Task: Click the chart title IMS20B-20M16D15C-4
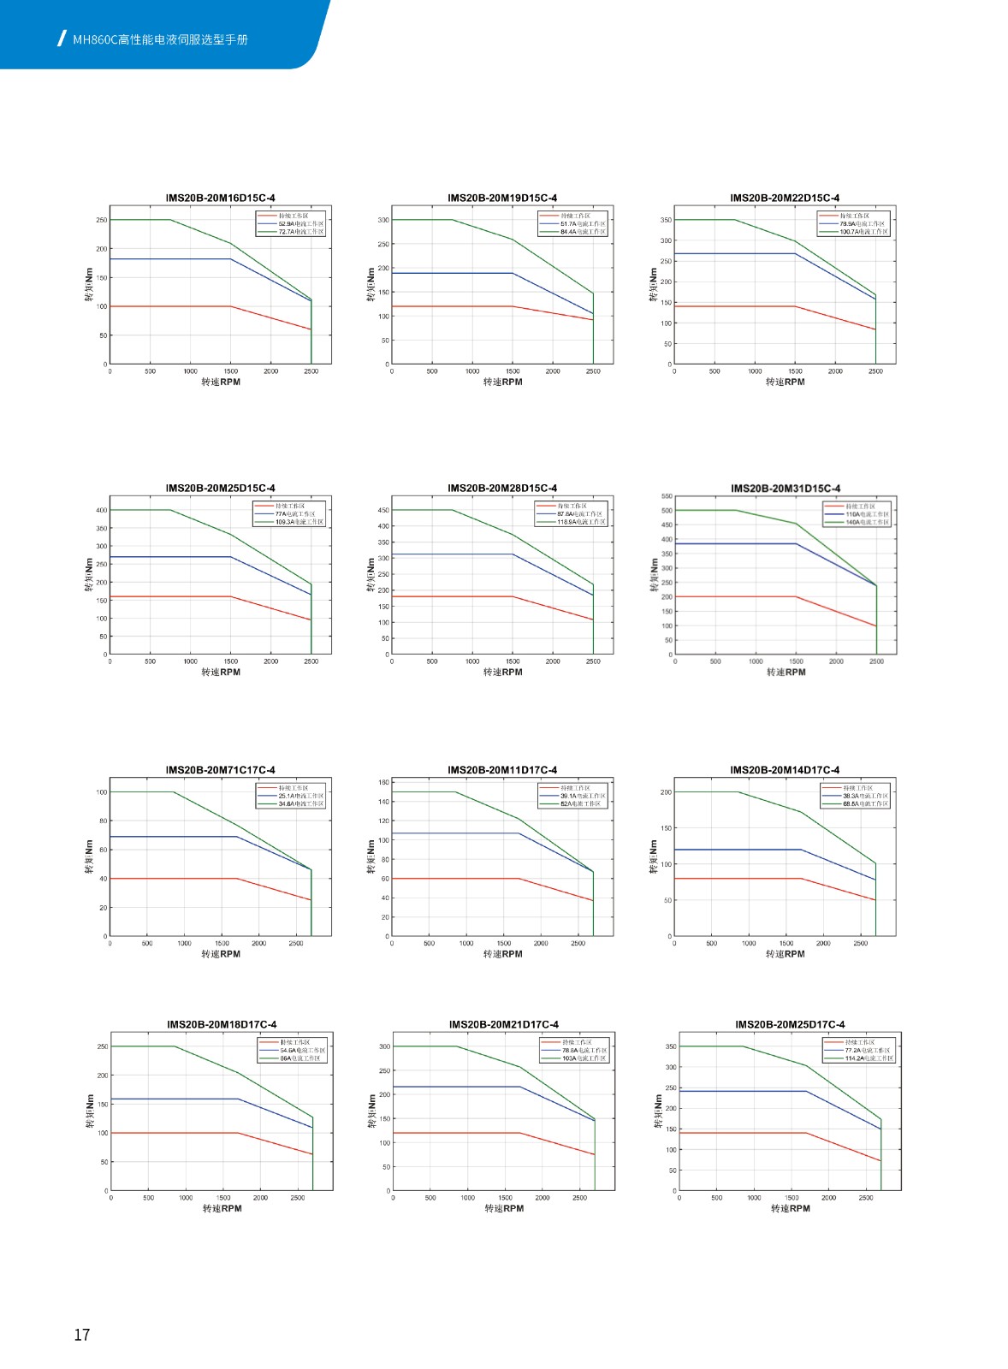[x=220, y=198]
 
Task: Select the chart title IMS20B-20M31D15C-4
[x=786, y=489]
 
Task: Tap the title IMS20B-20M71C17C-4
[x=220, y=770]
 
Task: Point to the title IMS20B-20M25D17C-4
[x=790, y=1024]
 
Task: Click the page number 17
[x=82, y=1335]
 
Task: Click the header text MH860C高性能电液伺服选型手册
[x=160, y=39]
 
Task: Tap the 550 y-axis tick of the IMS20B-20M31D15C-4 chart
[x=667, y=496]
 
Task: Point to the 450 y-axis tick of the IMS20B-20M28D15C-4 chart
[x=383, y=510]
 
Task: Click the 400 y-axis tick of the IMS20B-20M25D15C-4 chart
[x=102, y=510]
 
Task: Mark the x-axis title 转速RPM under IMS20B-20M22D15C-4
[x=785, y=382]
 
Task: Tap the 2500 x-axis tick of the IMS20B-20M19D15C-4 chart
[x=593, y=371]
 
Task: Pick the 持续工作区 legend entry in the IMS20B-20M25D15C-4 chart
[x=289, y=506]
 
